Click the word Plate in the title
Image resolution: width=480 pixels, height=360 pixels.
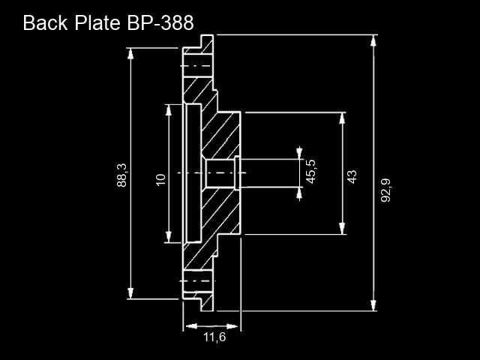(x=97, y=23)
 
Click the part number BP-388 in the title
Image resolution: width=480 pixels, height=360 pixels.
(x=160, y=23)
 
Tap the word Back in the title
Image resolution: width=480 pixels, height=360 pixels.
(x=45, y=23)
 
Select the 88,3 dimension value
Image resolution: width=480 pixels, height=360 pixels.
(x=121, y=175)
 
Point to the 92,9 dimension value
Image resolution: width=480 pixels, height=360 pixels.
(x=385, y=190)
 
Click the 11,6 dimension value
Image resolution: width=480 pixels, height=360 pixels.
(x=214, y=337)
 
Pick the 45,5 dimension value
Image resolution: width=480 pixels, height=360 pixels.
(x=311, y=172)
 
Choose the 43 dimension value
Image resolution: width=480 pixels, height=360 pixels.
(x=352, y=177)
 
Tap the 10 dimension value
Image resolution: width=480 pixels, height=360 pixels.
(x=160, y=180)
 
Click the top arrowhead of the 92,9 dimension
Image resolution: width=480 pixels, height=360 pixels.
(x=373, y=40)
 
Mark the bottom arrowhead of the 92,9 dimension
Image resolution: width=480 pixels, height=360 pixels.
(x=373, y=305)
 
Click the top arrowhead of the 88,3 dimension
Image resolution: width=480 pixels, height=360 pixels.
(x=130, y=53)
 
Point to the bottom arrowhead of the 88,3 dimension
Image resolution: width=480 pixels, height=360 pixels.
(x=130, y=293)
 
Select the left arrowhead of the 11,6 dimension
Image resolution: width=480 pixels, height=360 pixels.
(x=191, y=326)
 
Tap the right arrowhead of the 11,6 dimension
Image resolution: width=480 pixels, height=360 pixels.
(x=232, y=326)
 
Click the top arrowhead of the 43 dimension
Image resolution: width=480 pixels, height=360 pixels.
(x=342, y=118)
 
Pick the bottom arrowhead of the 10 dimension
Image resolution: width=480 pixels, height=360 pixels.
(x=168, y=237)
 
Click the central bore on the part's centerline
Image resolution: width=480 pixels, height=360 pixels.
(x=220, y=173)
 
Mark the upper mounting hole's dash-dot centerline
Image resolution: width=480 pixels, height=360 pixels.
(x=196, y=66)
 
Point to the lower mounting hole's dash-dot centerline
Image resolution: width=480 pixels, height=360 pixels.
(x=197, y=280)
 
